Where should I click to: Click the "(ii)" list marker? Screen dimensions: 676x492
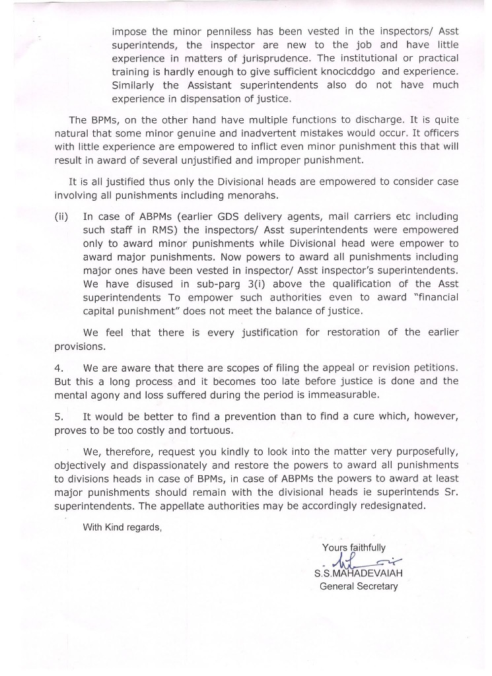pos(61,217)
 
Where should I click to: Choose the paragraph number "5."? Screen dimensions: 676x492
pos(59,417)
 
